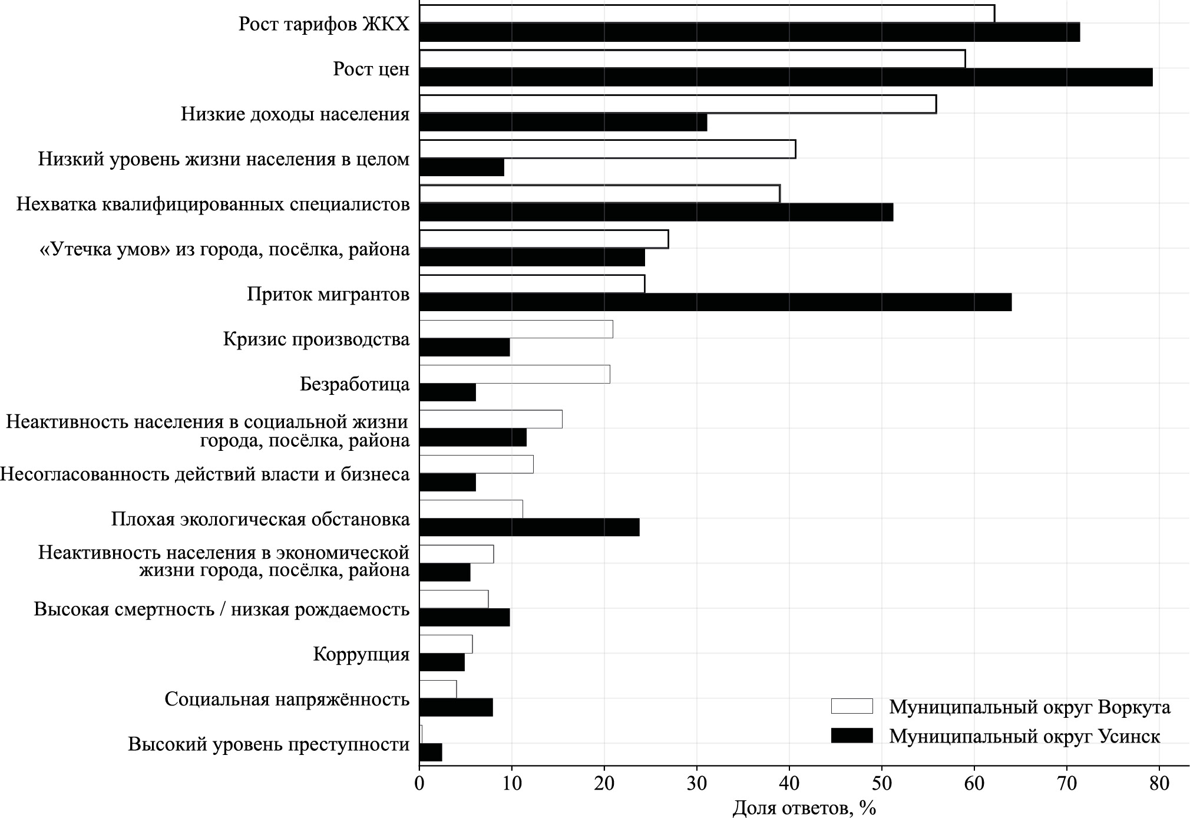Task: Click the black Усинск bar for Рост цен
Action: tap(785, 77)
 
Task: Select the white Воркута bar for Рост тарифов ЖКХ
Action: tap(707, 14)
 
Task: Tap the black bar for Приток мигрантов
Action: tap(715, 302)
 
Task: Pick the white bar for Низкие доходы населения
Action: tap(677, 104)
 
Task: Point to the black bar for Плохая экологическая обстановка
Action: tap(529, 527)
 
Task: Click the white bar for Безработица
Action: tap(514, 374)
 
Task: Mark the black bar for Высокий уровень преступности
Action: tap(431, 753)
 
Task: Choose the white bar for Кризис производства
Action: tap(516, 329)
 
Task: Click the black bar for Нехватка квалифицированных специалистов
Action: tap(656, 212)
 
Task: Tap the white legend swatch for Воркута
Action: tap(851, 706)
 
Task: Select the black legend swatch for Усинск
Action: tap(851, 735)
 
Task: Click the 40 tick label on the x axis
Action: tap(789, 784)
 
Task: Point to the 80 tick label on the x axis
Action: tap(1159, 784)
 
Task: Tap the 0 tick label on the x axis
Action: tap(419, 784)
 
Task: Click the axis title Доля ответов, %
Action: tap(804, 807)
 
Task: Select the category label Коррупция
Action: tap(361, 654)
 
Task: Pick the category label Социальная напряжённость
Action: tap(287, 700)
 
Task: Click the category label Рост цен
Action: tap(371, 69)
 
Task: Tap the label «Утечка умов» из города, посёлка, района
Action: tap(224, 249)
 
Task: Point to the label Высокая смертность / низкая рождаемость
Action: tap(222, 609)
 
